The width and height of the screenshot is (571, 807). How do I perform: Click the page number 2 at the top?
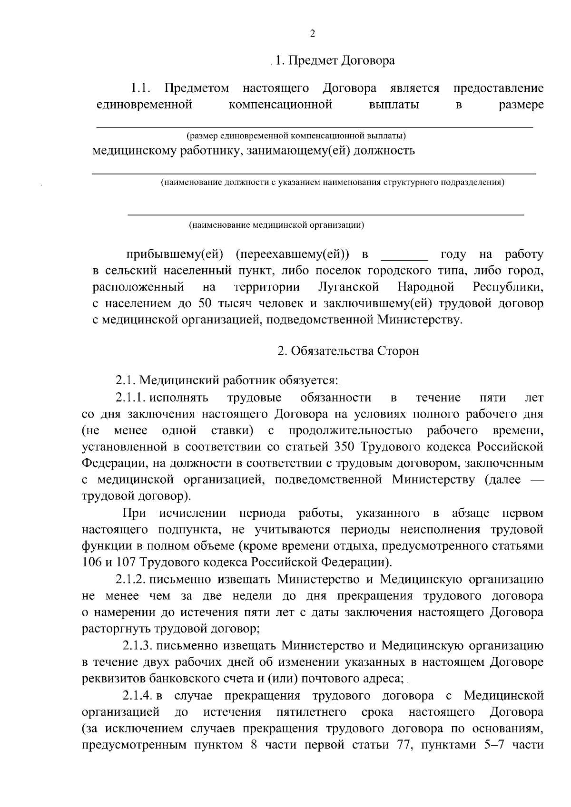312,33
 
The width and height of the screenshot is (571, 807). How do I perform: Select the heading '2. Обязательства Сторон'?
348,351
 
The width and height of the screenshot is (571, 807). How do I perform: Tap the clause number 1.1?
141,88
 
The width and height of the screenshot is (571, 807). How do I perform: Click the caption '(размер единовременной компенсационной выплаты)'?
296,136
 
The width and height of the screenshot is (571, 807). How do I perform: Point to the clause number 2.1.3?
137,645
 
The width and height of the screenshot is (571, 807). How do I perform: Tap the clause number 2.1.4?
137,696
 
